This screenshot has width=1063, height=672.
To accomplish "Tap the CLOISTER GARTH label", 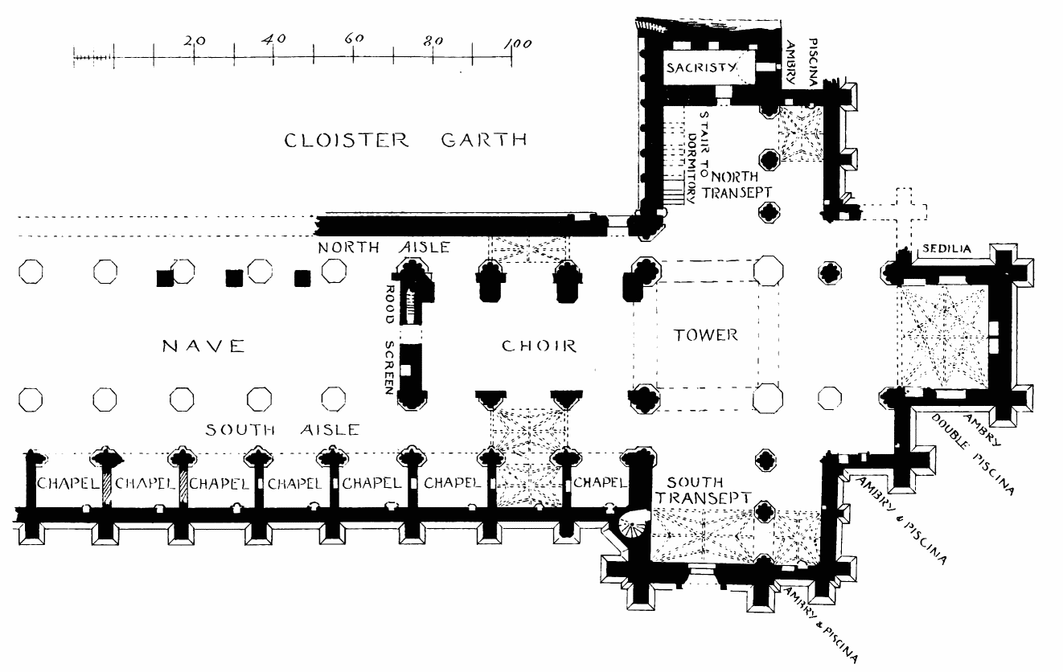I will coord(406,141).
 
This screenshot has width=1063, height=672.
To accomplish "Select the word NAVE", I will coord(203,346).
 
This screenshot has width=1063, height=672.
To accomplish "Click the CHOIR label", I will coord(539,346).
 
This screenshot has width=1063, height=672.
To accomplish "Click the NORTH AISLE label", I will coord(384,248).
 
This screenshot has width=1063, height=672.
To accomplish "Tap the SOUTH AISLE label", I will coord(281,430).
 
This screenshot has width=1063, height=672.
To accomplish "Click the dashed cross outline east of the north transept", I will coord(904,211).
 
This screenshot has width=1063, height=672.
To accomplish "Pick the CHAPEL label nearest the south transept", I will coord(598,482).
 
